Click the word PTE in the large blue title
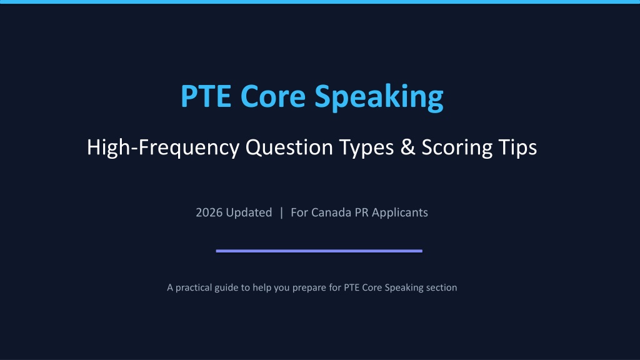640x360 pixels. [206, 96]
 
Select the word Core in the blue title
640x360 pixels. [273, 96]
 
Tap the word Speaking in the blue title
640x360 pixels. [379, 97]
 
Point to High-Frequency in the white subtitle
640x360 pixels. [163, 147]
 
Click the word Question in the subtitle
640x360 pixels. [289, 147]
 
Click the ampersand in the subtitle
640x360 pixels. [407, 147]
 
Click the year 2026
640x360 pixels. [209, 212]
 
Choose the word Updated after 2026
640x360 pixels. [249, 212]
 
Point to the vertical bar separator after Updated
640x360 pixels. [281, 212]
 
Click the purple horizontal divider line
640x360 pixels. [319, 251]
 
